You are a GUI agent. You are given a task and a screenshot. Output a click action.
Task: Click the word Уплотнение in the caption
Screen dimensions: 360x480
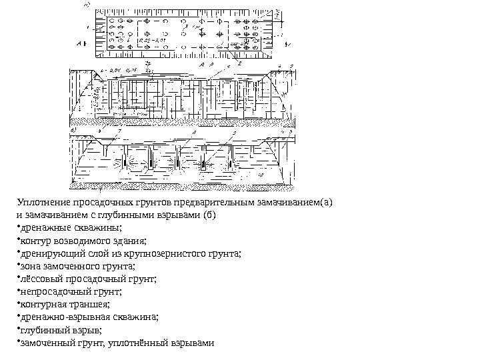coord(38,203)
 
